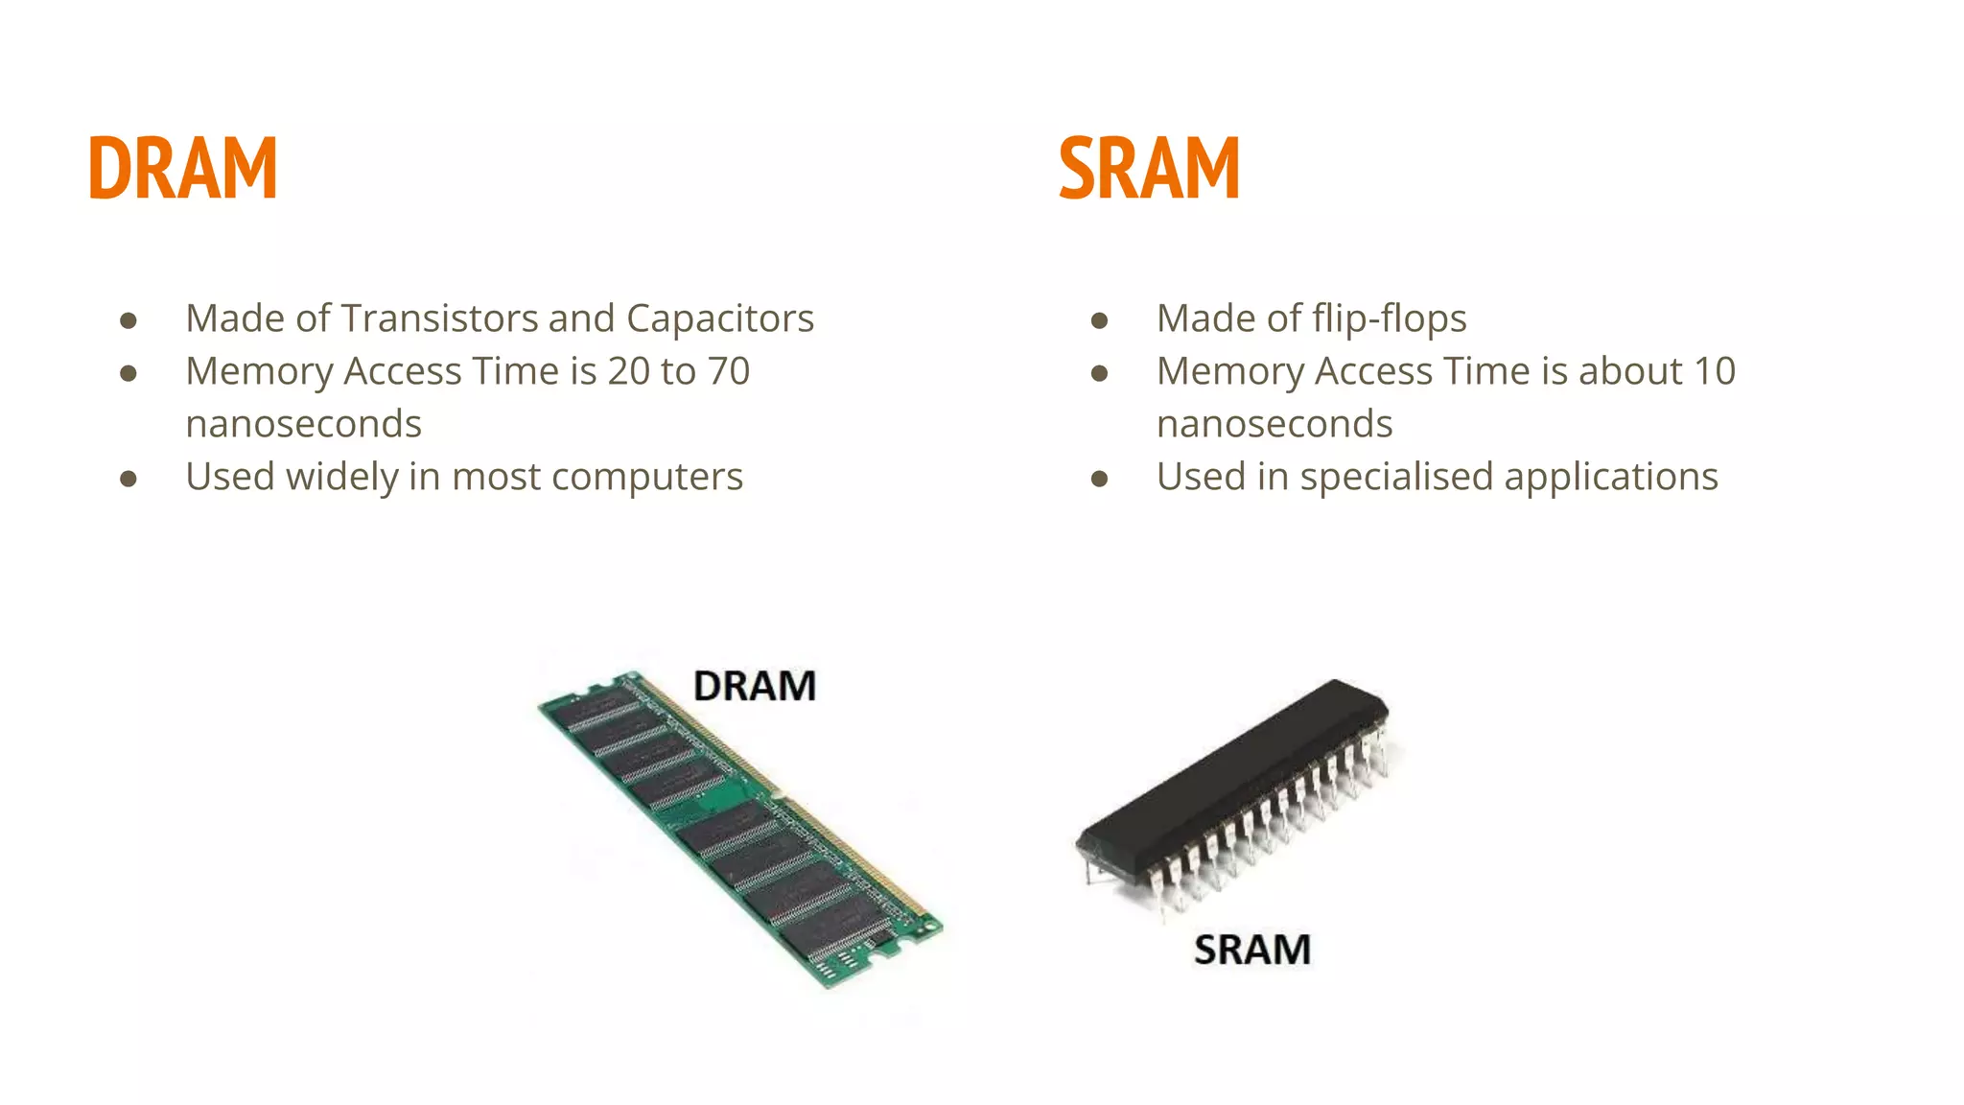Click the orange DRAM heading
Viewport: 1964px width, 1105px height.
click(x=182, y=168)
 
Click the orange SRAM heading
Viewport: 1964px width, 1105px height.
click(x=1149, y=168)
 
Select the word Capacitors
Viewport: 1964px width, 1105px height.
click(x=720, y=318)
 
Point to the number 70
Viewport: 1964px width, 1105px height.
click(x=729, y=371)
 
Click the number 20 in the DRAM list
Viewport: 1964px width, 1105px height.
click(x=629, y=371)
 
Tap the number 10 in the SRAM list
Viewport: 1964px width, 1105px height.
click(x=1715, y=371)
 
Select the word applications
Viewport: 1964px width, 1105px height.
click(x=1611, y=478)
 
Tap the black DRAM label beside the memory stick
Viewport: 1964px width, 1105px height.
click(x=755, y=686)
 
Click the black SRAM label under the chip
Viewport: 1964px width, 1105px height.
click(x=1252, y=950)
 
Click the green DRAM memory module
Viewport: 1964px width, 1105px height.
click(x=738, y=825)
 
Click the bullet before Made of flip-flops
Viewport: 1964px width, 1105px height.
click(x=1100, y=320)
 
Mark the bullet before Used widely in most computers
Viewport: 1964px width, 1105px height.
click(x=129, y=478)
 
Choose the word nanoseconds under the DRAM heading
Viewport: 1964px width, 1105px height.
click(x=303, y=424)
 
